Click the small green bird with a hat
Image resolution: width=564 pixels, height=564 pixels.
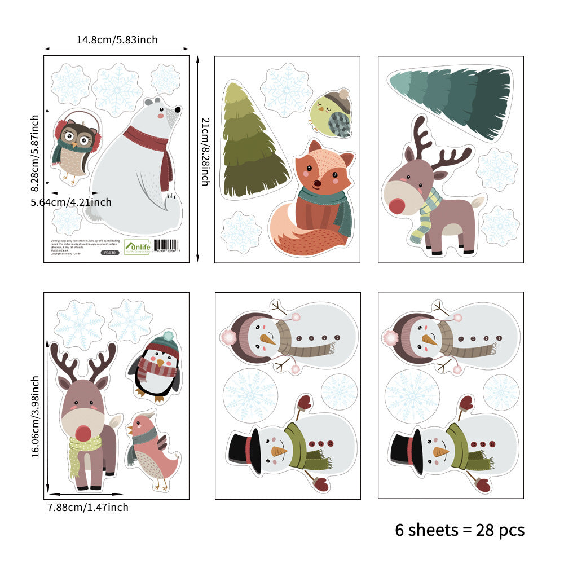(x=332, y=115)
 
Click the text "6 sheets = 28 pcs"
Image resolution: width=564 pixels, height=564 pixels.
(x=460, y=530)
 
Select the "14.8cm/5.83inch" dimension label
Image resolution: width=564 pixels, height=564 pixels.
(x=117, y=39)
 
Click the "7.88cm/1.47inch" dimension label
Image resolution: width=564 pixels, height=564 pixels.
(x=88, y=507)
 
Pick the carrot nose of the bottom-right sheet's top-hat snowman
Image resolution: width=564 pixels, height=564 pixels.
(x=440, y=451)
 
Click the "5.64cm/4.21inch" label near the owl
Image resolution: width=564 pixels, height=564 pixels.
(x=71, y=202)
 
